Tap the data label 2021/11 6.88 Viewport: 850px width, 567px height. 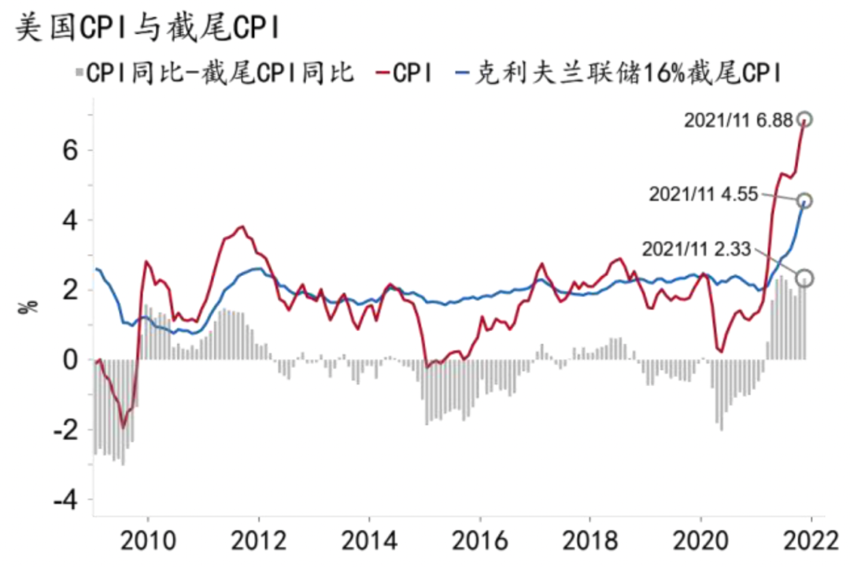click(737, 120)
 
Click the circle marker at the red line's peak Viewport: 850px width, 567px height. click(804, 120)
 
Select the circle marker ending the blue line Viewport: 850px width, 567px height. click(804, 201)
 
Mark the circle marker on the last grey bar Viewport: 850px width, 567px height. click(804, 278)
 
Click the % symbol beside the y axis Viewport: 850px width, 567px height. click(27, 305)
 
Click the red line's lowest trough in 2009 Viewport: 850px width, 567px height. click(123, 427)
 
